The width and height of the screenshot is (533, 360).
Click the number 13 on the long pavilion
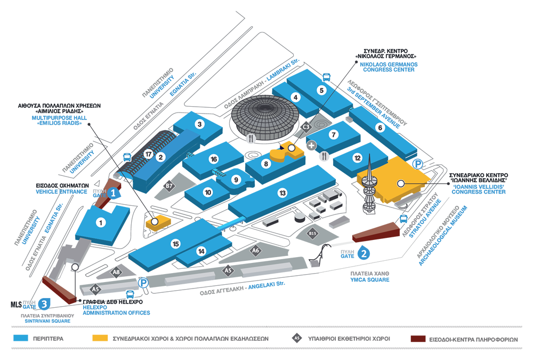pyautogui.click(x=282, y=193)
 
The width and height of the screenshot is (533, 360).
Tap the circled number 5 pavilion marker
pyautogui.click(x=321, y=90)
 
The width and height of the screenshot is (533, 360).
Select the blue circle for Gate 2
pyautogui.click(x=363, y=253)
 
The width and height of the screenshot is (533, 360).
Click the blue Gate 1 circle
pyautogui.click(x=113, y=194)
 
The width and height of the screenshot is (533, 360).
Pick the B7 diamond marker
pyautogui.click(x=169, y=186)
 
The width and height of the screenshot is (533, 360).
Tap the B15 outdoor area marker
pyautogui.click(x=313, y=234)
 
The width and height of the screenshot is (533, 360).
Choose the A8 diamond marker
pyautogui.click(x=117, y=273)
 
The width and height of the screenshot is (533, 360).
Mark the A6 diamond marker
pyautogui.click(x=256, y=250)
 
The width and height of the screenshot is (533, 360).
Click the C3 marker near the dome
pyautogui.click(x=306, y=127)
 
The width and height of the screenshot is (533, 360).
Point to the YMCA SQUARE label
pyautogui.click(x=369, y=280)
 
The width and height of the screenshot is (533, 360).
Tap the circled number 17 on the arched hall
pyautogui.click(x=148, y=155)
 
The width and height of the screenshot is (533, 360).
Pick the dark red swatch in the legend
pyautogui.click(x=419, y=339)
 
